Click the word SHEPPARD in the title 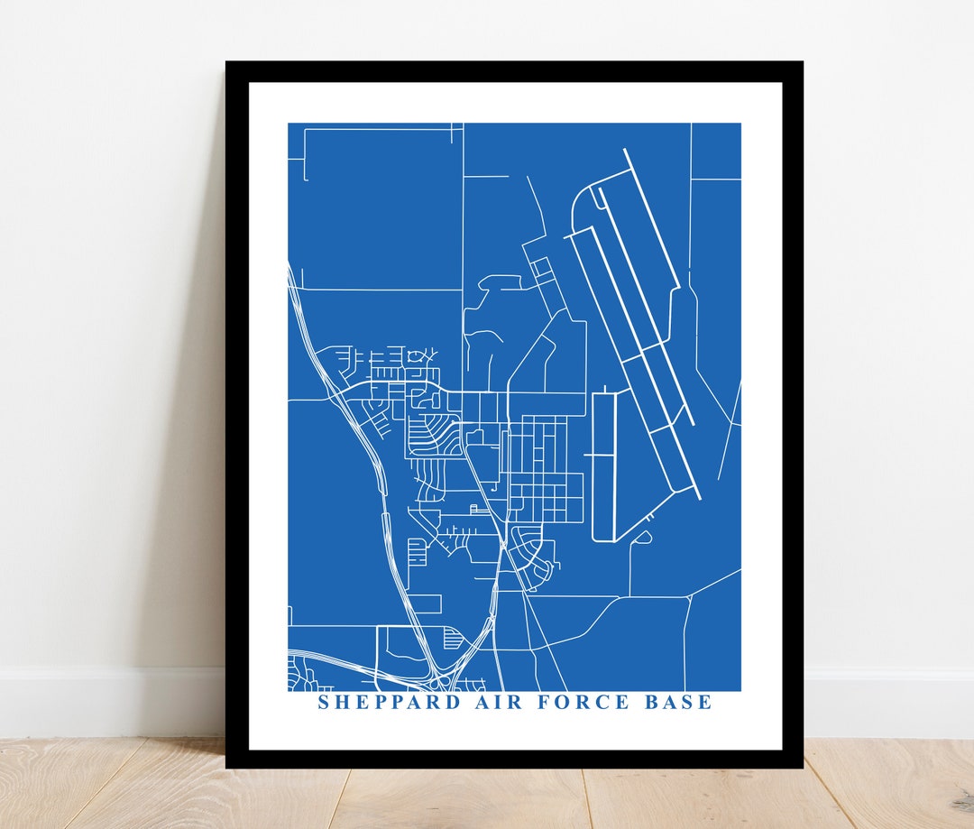coord(390,702)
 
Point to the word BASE coord(677,702)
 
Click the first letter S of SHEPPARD coord(324,702)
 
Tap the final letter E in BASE coord(706,702)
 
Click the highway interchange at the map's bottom coord(442,672)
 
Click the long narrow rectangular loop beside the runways coord(602,465)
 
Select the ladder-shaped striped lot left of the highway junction coord(416,550)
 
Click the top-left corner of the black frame coord(228,64)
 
